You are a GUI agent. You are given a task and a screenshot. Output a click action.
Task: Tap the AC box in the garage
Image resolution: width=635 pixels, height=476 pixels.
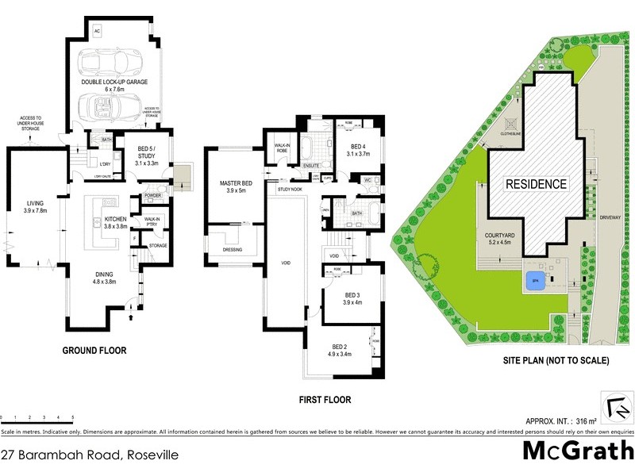(x=98, y=31)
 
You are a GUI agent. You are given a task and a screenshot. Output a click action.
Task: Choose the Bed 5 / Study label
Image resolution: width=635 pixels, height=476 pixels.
(x=143, y=159)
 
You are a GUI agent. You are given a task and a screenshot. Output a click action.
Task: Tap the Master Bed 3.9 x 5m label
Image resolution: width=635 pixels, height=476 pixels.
(x=235, y=187)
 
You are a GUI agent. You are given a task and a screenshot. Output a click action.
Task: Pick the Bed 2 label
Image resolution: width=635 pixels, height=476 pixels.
(x=340, y=351)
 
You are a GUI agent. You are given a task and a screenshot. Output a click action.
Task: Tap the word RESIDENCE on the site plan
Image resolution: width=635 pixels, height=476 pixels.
(x=537, y=184)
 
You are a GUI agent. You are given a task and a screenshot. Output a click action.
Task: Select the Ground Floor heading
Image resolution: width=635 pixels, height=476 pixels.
(x=95, y=350)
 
